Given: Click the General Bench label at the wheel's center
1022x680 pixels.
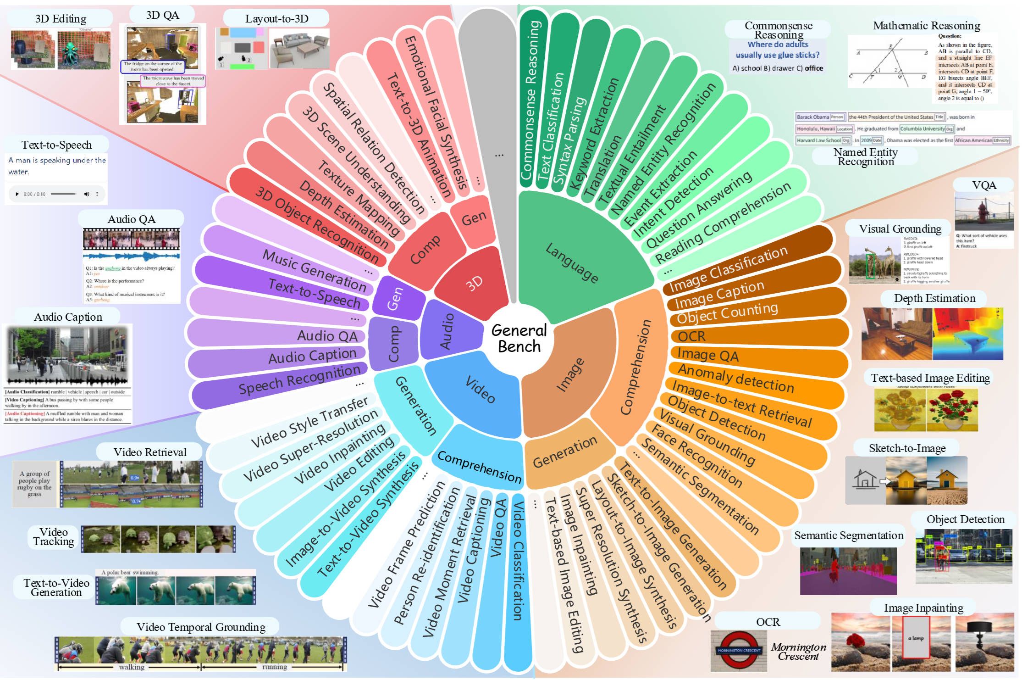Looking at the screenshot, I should click(519, 338).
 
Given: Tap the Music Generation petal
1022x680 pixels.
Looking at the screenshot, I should click(314, 270).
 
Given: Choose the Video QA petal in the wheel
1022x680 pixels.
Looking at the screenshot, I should click(498, 528).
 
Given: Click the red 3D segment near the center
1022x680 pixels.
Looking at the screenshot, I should click(475, 283).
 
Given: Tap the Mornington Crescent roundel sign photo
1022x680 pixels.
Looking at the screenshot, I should click(739, 650).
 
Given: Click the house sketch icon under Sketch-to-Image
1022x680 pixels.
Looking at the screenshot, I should click(865, 480).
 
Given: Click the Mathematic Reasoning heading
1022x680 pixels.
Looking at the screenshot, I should click(926, 26).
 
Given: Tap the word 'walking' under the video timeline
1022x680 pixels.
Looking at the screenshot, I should click(132, 667).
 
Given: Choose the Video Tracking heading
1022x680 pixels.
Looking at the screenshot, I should click(54, 536).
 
